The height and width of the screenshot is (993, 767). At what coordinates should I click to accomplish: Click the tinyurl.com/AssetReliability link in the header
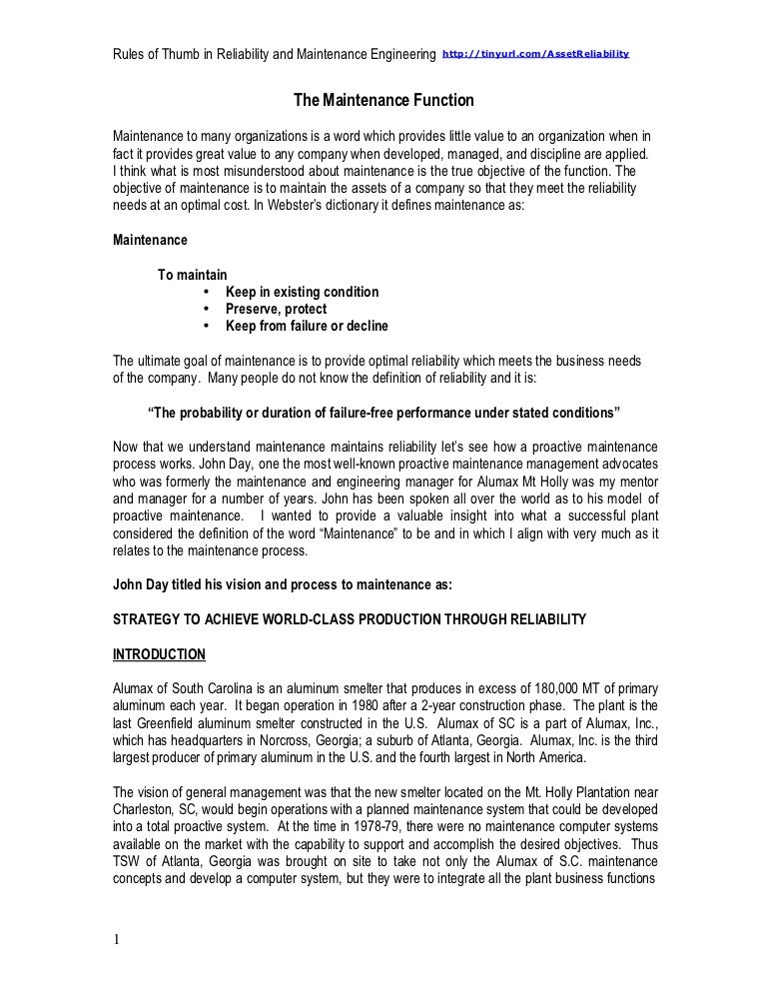tap(535, 52)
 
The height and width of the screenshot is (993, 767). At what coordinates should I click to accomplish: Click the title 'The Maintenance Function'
tap(383, 101)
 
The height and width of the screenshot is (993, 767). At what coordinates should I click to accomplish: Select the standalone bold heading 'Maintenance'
tap(149, 240)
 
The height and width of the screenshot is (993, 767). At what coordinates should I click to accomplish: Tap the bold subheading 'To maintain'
tap(193, 275)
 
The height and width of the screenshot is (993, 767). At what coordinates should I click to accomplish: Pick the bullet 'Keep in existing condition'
tap(302, 292)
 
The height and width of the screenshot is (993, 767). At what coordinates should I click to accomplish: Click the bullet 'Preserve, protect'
tap(276, 309)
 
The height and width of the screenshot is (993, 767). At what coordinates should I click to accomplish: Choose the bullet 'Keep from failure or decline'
tap(307, 326)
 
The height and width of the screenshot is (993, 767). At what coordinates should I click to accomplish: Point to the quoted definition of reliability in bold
tap(383, 413)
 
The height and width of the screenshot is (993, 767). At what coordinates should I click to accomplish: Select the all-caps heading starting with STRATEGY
tap(349, 619)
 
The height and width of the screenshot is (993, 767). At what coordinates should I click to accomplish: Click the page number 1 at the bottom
tap(116, 939)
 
